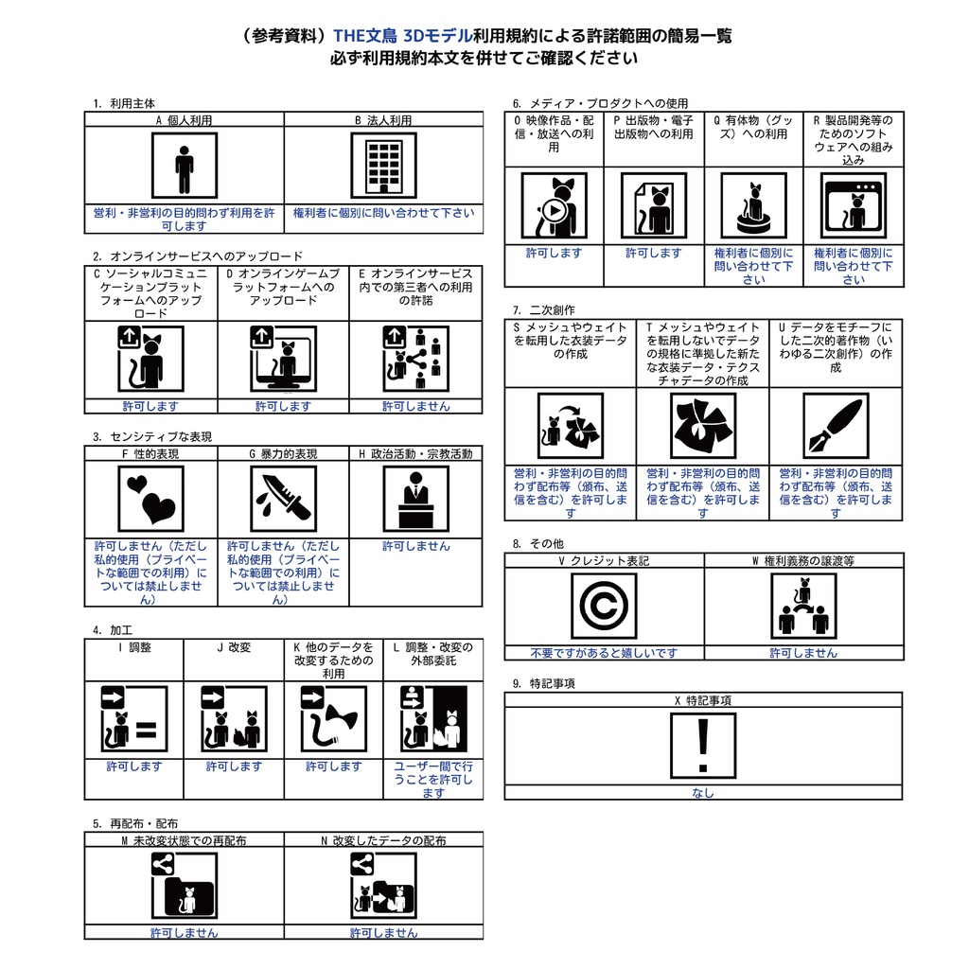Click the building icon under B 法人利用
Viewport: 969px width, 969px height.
tap(383, 166)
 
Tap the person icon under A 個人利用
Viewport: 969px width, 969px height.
tap(185, 166)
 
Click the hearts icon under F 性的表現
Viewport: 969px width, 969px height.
tap(151, 499)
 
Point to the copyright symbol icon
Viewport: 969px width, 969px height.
tap(605, 606)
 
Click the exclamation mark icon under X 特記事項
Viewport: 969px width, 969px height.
tap(703, 746)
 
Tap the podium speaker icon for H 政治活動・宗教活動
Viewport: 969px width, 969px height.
tap(415, 499)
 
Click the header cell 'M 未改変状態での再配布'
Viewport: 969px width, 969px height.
tap(184, 840)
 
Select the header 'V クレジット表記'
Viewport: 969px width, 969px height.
tap(604, 561)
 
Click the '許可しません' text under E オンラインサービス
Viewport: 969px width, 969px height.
tap(415, 406)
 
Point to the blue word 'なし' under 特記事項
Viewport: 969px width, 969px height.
tap(703, 793)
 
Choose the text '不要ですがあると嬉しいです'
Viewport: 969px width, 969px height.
tap(604, 653)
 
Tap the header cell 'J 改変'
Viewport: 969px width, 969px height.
tap(233, 648)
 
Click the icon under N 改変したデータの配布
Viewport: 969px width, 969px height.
tap(382, 887)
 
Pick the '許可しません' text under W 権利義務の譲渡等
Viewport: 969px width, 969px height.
tap(803, 653)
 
